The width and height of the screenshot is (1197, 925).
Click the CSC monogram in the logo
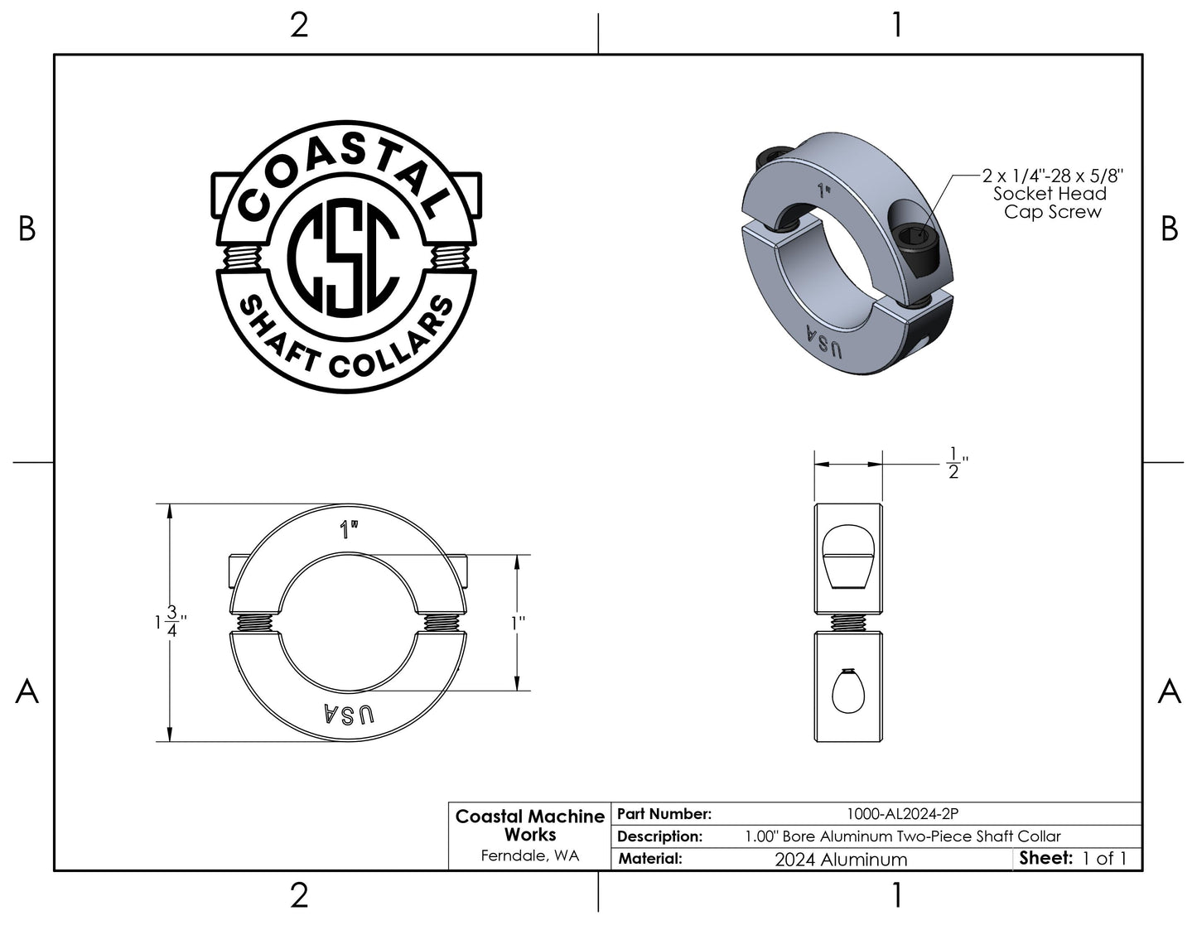coord(345,258)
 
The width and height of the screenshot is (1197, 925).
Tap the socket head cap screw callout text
coord(1052,194)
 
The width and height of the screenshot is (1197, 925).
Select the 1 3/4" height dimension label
coord(171,622)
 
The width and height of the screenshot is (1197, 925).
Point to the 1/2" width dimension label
coord(957,463)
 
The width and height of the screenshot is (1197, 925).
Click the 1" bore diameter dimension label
coord(519,624)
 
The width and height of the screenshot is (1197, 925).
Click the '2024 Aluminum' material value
coord(841,860)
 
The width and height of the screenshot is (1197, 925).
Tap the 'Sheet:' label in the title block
coord(1045,858)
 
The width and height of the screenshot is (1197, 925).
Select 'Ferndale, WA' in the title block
coord(530,855)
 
